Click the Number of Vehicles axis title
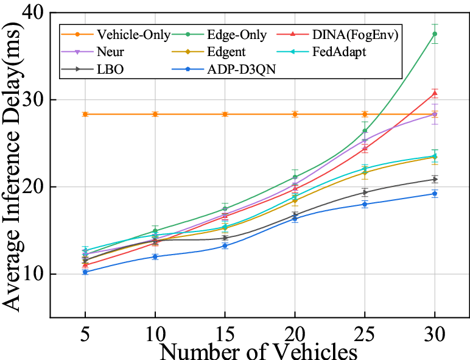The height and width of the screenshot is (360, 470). click(x=259, y=351)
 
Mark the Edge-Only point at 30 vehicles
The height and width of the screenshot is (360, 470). click(x=435, y=34)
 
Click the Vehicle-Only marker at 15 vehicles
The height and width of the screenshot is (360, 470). click(x=225, y=115)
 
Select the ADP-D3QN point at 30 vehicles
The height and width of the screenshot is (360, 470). click(x=435, y=194)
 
